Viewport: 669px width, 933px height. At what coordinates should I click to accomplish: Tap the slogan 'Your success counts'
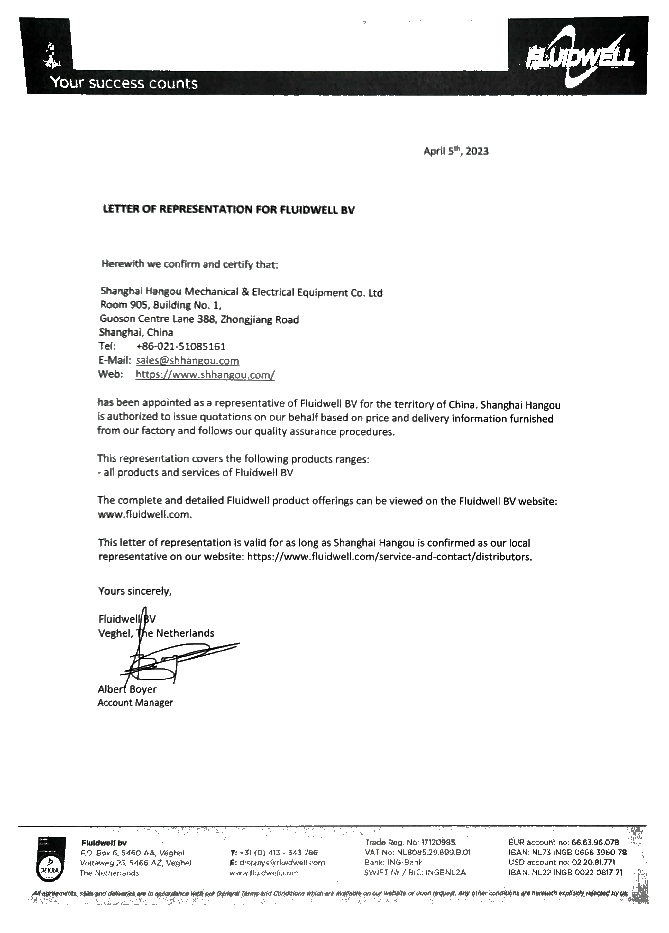(124, 84)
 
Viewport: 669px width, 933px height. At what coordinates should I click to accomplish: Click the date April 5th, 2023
(455, 152)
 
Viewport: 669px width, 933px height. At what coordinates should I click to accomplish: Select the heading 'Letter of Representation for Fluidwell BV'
(229, 209)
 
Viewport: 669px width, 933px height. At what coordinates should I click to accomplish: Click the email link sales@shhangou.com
(187, 361)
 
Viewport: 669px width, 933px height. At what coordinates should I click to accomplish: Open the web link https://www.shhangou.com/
(205, 374)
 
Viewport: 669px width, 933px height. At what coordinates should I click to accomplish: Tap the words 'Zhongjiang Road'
(260, 320)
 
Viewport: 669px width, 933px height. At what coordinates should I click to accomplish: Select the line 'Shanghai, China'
(136, 332)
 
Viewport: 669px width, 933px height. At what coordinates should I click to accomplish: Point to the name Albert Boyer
(127, 689)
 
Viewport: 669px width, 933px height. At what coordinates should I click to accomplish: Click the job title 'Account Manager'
(135, 703)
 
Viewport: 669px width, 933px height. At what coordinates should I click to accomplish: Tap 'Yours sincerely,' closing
(135, 591)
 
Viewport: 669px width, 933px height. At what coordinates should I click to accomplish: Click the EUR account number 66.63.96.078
(595, 843)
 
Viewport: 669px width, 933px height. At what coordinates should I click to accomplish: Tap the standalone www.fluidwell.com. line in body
(145, 515)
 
